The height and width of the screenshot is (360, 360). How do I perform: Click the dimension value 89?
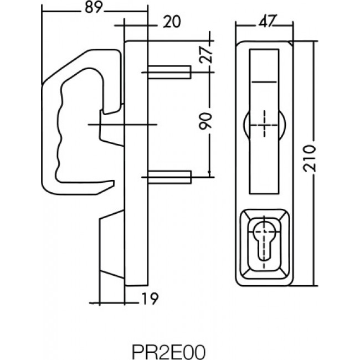[x=92, y=7]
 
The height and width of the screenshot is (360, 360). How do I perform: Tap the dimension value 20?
[x=172, y=22]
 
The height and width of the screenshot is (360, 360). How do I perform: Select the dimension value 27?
[x=205, y=55]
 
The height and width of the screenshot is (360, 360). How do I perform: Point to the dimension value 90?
[x=205, y=121]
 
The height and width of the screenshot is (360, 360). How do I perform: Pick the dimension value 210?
[x=310, y=158]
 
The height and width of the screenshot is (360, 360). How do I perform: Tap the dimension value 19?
[x=150, y=299]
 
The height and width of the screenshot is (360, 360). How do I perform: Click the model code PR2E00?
[x=168, y=352]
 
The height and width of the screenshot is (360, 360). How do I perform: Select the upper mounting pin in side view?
[x=169, y=72]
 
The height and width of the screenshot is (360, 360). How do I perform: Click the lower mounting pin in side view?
[x=169, y=177]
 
